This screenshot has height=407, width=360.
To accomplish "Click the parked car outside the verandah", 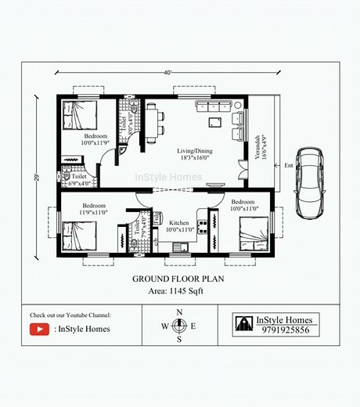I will coord(309,183).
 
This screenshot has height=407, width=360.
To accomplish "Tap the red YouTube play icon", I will coord(39,330).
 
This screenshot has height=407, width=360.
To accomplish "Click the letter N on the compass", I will coord(179,312).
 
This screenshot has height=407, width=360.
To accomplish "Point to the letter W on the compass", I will coord(165,326).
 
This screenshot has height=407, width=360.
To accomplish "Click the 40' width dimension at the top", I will coord(167,73).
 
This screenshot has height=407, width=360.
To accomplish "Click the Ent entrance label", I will coord(288,166).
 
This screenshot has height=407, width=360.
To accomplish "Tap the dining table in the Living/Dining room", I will coord(152,124).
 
